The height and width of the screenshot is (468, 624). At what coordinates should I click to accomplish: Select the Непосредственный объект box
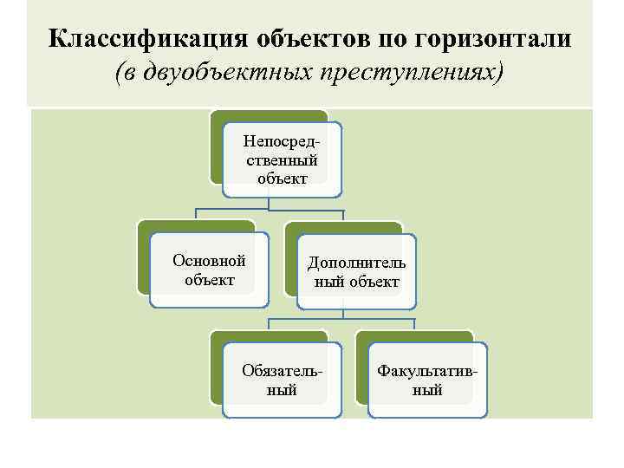[282, 159]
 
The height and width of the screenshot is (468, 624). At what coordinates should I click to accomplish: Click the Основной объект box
[209, 270]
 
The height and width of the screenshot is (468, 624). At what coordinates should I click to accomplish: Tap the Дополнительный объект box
[356, 271]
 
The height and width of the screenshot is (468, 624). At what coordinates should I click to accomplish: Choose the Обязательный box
[282, 380]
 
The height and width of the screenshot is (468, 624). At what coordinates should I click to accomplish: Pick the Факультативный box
[427, 380]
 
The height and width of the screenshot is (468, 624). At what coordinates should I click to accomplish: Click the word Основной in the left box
[209, 260]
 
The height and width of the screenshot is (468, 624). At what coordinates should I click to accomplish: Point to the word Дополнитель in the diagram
[356, 263]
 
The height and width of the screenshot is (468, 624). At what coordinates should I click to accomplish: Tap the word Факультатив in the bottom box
[427, 371]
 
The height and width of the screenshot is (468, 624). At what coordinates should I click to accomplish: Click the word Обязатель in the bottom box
[282, 371]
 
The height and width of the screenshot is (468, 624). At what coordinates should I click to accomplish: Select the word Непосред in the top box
[282, 140]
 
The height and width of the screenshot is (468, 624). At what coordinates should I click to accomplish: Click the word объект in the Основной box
[209, 279]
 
